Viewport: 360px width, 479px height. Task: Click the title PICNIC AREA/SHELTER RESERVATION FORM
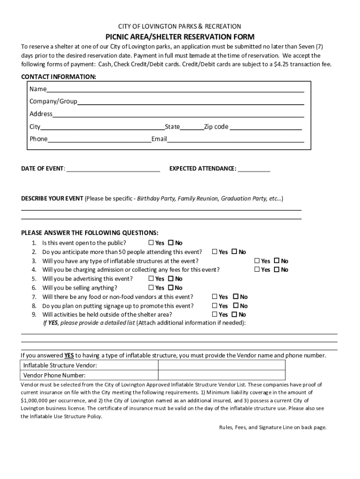tap(180, 37)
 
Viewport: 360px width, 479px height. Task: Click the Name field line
tap(175, 89)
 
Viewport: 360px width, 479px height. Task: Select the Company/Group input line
tap(191, 102)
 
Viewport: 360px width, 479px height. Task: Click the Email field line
tap(236, 139)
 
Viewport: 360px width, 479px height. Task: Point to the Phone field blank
tap(99, 139)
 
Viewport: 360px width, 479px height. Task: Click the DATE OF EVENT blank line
tap(113, 169)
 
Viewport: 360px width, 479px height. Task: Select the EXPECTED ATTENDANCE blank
tap(254, 169)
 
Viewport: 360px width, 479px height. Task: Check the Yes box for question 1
tap(151, 243)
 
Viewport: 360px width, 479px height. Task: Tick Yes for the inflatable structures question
tap(257, 261)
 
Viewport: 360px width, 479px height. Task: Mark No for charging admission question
tap(276, 269)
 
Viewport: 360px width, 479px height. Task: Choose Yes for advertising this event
tap(151, 278)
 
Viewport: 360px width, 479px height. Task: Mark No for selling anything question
tap(171, 288)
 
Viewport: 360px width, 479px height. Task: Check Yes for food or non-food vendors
tap(215, 297)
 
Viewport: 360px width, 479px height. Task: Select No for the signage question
tap(236, 305)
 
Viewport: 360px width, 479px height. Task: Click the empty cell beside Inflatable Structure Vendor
tap(222, 365)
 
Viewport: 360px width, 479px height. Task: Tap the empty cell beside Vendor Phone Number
tap(222, 375)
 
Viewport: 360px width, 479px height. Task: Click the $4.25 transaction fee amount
tap(282, 64)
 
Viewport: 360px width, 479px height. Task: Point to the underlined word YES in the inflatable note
tap(69, 355)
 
